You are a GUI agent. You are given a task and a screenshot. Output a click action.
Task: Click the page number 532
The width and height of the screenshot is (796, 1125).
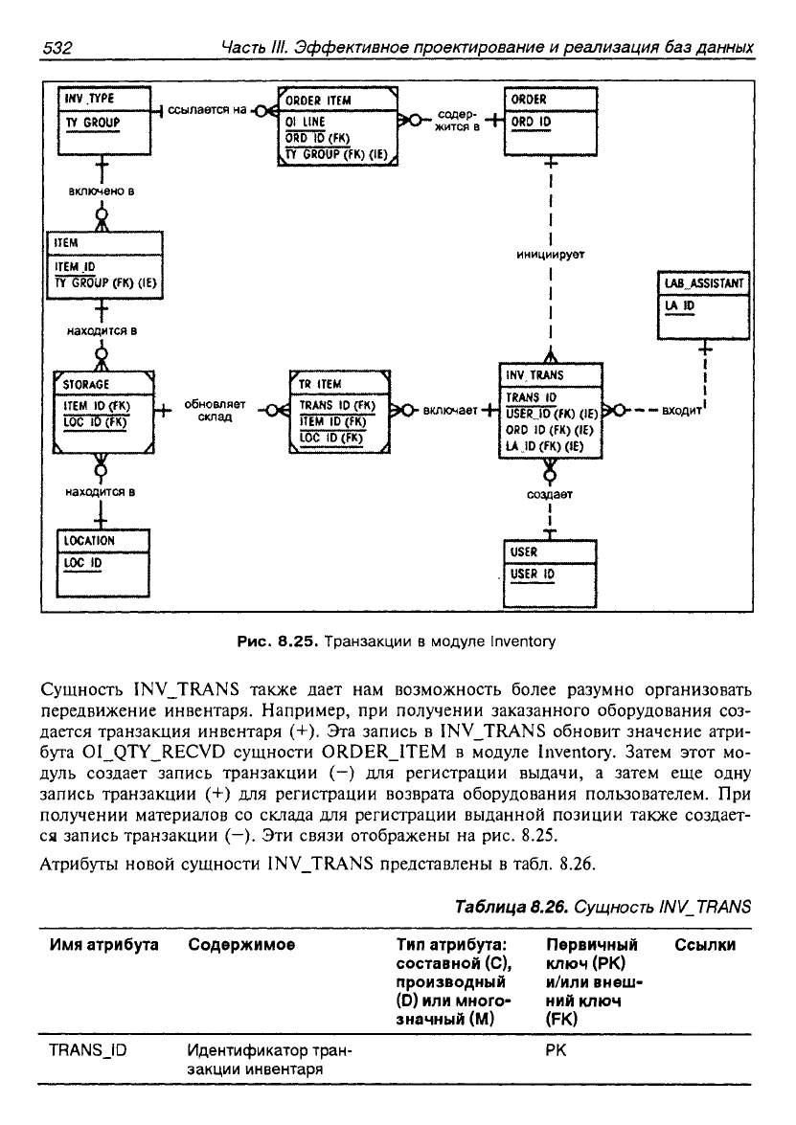pos(58,48)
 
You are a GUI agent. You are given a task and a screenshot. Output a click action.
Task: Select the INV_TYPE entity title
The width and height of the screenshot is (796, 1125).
pos(89,99)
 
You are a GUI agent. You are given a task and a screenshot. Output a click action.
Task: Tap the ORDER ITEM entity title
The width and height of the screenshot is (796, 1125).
pos(318,101)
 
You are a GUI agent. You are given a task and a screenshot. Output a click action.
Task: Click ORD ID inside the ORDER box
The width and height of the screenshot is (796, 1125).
pos(531,122)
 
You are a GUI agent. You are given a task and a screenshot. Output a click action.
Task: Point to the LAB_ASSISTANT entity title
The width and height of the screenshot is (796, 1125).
pos(704,283)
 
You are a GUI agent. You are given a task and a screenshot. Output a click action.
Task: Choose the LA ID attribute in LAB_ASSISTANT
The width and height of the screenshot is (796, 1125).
pos(680,305)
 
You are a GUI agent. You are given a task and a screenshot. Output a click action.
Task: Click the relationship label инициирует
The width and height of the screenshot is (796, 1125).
pos(551,254)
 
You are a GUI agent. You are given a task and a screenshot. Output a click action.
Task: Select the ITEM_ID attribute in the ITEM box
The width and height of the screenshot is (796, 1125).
pos(75,267)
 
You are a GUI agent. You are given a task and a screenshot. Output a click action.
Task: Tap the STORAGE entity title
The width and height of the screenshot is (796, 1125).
pos(86,384)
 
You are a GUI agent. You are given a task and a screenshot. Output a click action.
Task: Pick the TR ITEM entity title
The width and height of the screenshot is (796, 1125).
pos(320,384)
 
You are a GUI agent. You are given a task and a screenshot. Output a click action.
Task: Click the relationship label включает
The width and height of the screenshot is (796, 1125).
pos(450,411)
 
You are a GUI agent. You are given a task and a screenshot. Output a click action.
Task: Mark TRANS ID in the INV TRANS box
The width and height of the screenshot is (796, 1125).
pos(531,397)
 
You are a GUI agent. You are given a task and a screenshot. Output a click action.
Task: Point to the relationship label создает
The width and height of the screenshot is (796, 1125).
pos(550,494)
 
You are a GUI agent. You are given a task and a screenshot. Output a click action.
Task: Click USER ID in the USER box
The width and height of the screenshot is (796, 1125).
pos(533,574)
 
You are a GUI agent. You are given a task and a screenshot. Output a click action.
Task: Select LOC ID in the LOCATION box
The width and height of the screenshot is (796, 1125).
pos(82,563)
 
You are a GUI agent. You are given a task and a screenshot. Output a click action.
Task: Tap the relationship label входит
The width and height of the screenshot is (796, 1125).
pos(682,411)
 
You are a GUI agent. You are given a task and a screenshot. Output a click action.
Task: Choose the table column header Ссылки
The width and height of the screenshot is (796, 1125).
pos(705,945)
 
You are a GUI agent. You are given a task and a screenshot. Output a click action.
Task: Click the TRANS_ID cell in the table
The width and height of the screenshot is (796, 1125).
pos(87,1050)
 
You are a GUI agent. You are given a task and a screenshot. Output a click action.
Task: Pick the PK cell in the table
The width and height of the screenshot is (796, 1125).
pos(556,1050)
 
